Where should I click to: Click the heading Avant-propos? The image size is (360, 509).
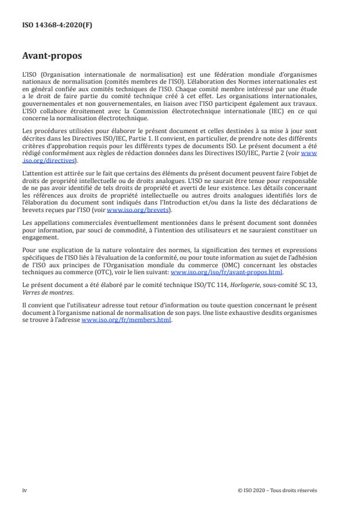click(52, 57)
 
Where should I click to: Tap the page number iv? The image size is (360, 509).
click(24, 490)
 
